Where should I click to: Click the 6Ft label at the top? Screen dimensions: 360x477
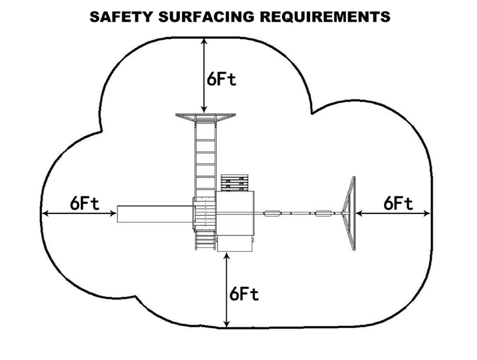[x=222, y=79]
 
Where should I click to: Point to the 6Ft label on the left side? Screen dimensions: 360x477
[x=85, y=204]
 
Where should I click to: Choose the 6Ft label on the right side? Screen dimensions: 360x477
[x=398, y=204]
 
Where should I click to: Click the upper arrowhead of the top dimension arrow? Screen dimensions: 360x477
[x=204, y=40]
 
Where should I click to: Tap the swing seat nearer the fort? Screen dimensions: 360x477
[x=273, y=214]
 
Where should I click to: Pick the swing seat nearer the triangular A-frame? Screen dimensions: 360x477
[x=323, y=214]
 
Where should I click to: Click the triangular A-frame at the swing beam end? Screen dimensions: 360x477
[x=349, y=214]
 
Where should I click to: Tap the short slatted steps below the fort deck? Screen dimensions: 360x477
[x=205, y=240]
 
